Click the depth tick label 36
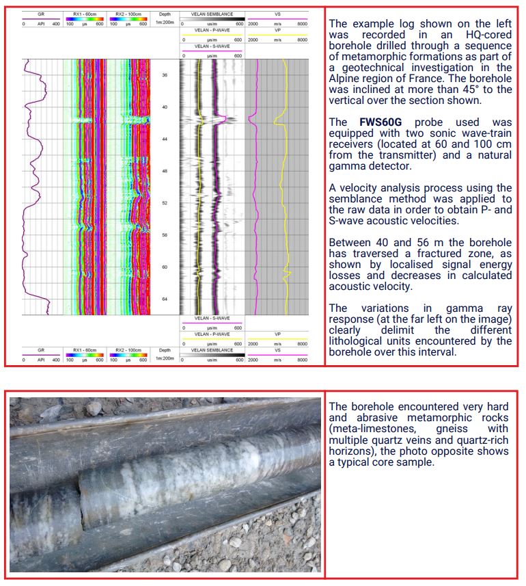coord(165,75)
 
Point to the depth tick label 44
coord(165,139)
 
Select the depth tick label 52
coord(165,203)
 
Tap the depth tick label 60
coord(165,267)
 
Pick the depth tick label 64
coord(165,299)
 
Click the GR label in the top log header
coord(41,14)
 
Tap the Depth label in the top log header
coord(165,14)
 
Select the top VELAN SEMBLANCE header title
coord(212,14)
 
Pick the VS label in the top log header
coord(277,14)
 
